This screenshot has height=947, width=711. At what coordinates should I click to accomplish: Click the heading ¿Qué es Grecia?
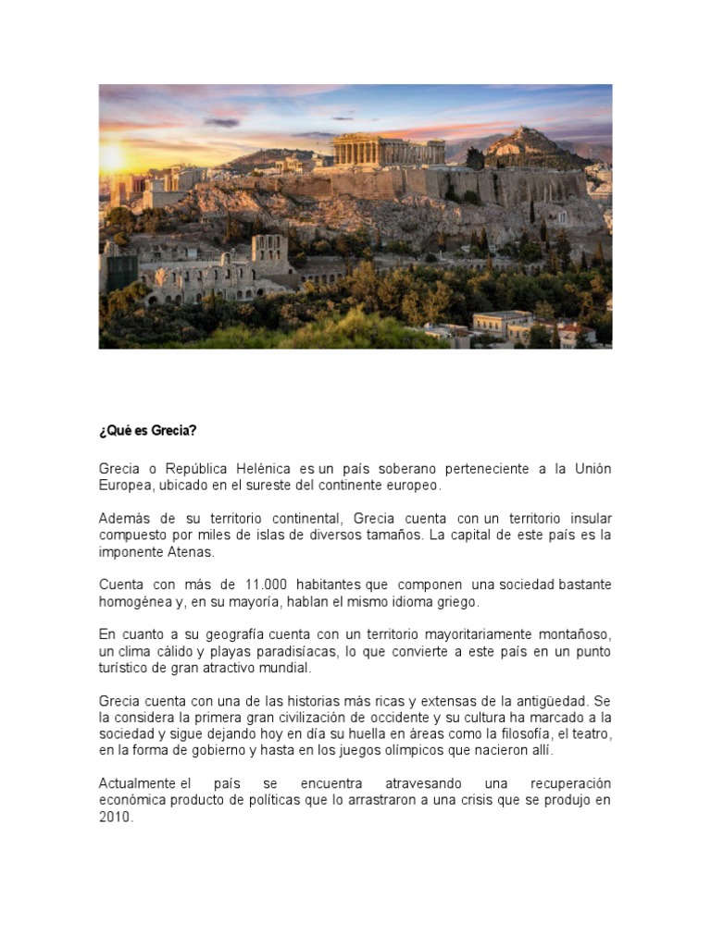(x=147, y=432)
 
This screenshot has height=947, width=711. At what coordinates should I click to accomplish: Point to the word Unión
(x=591, y=469)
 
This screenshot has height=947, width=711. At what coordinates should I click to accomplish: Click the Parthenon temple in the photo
(x=389, y=150)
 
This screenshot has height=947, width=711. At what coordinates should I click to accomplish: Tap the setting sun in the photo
(x=112, y=159)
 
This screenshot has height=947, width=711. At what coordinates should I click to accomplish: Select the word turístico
(x=125, y=667)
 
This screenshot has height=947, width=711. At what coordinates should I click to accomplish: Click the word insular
(x=589, y=518)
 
